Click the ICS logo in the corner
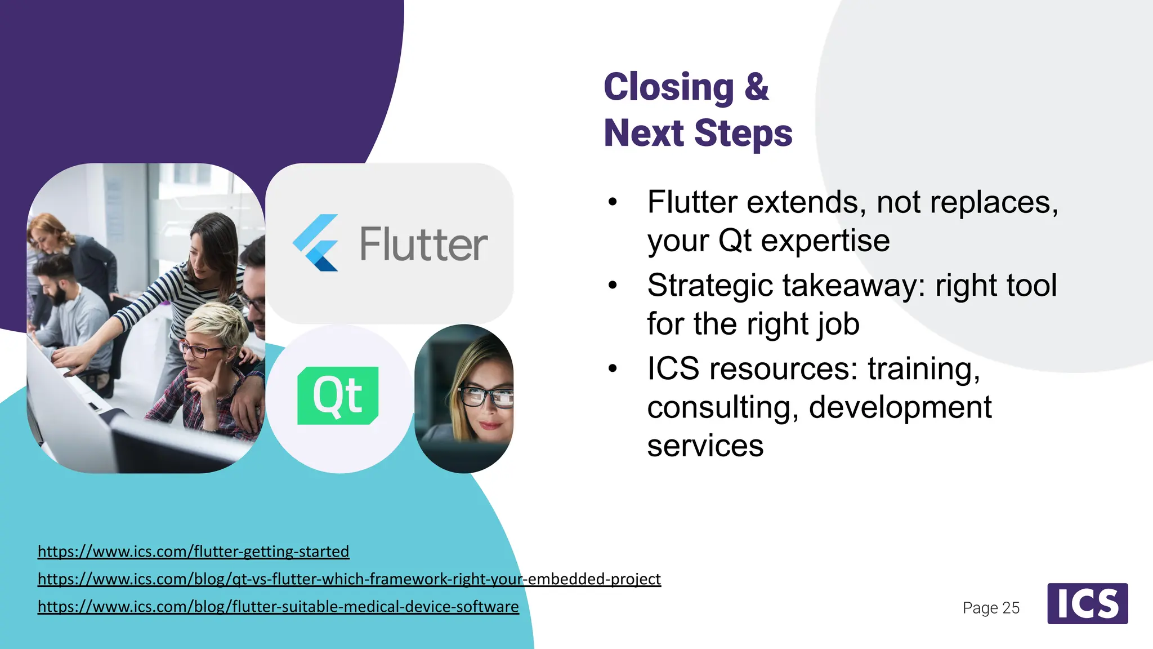pyautogui.click(x=1087, y=603)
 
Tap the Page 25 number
pyautogui.click(x=991, y=608)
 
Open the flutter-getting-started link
pyautogui.click(x=193, y=551)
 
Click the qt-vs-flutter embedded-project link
pyautogui.click(x=349, y=579)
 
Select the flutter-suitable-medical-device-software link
pyautogui.click(x=278, y=606)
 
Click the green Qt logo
pyautogui.click(x=338, y=395)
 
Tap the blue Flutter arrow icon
pyautogui.click(x=316, y=243)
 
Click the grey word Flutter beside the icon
pyautogui.click(x=423, y=245)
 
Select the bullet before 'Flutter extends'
pyautogui.click(x=613, y=202)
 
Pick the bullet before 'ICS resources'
pyautogui.click(x=613, y=369)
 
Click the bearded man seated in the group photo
pyautogui.click(x=62, y=293)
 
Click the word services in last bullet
pyautogui.click(x=705, y=446)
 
